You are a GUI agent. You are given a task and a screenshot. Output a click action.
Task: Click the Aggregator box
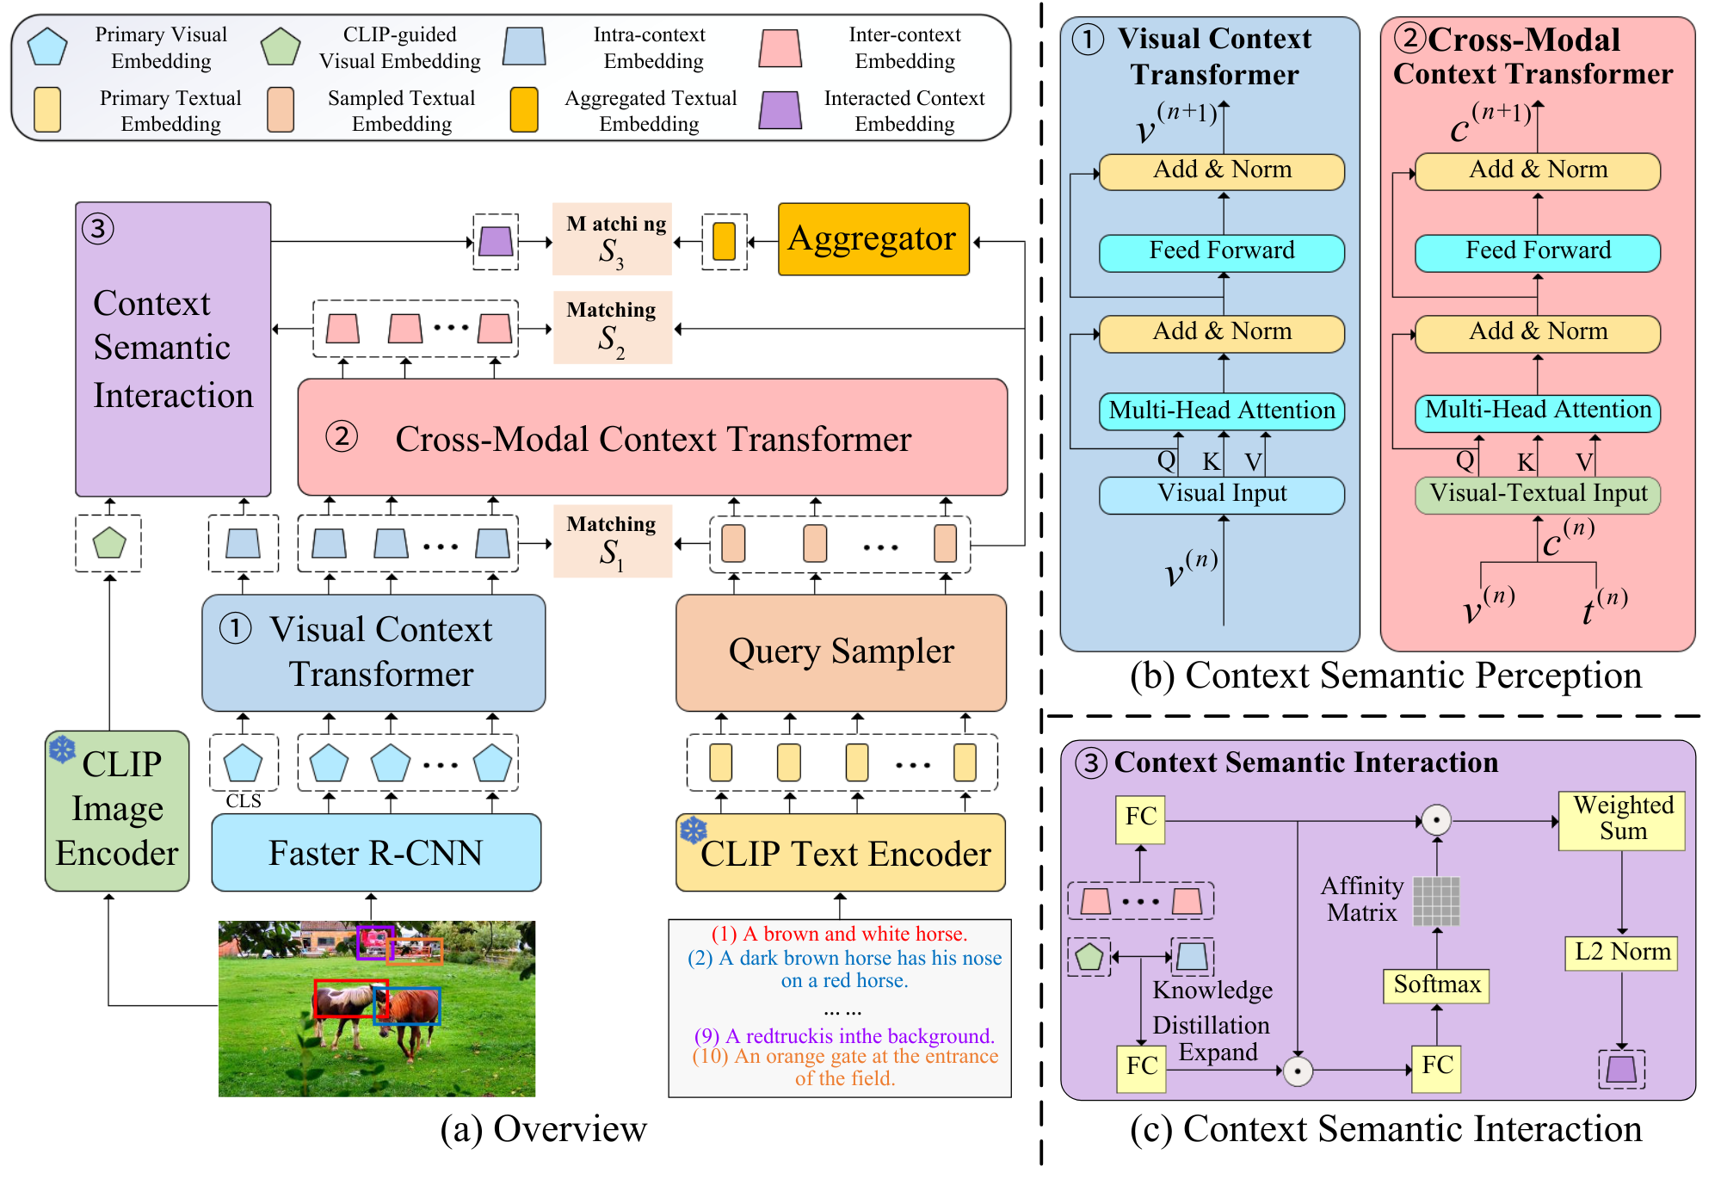pyautogui.click(x=873, y=239)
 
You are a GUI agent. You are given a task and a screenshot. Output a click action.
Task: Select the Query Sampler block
pyautogui.click(x=841, y=652)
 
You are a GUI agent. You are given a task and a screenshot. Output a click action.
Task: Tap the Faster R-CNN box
pyautogui.click(x=376, y=853)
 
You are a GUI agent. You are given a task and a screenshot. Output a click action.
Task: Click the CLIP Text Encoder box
pyautogui.click(x=841, y=853)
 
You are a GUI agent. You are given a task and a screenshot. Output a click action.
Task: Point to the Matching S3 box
pyautogui.click(x=612, y=239)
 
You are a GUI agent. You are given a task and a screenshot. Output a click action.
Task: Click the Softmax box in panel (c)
pyautogui.click(x=1436, y=985)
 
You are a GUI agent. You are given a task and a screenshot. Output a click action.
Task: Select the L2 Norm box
pyautogui.click(x=1622, y=952)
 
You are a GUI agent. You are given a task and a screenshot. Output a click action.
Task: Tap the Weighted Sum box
pyautogui.click(x=1622, y=819)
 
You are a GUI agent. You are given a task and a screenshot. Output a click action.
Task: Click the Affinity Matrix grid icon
pyautogui.click(x=1436, y=901)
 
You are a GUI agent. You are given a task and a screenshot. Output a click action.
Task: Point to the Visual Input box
pyautogui.click(x=1222, y=495)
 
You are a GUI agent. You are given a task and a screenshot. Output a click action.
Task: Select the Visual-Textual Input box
pyautogui.click(x=1538, y=495)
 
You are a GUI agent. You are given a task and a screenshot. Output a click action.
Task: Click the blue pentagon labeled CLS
pyautogui.click(x=243, y=763)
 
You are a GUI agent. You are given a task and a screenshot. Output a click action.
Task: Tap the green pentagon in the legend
pyautogui.click(x=281, y=47)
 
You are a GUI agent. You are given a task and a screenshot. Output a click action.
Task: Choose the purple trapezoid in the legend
pyautogui.click(x=780, y=111)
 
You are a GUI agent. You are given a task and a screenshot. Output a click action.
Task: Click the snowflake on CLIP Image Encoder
pyautogui.click(x=62, y=749)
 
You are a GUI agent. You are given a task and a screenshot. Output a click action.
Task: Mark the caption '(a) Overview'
pyautogui.click(x=543, y=1129)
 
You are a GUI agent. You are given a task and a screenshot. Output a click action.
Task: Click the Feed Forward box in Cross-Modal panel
pyautogui.click(x=1538, y=252)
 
